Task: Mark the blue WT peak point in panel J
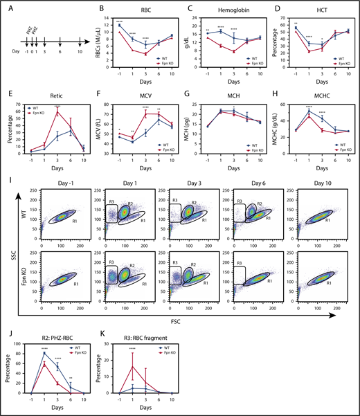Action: (x=46, y=353)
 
